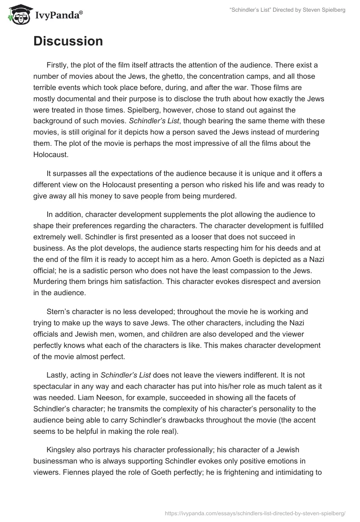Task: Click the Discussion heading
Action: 68,41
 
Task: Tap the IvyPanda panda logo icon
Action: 18,13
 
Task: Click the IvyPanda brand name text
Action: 58,15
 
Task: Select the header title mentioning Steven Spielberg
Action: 283,10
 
